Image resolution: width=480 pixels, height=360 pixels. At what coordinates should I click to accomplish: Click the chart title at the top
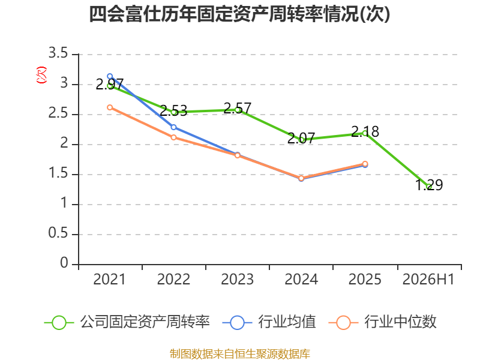(x=239, y=14)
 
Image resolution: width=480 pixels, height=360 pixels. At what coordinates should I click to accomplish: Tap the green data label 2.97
(x=110, y=84)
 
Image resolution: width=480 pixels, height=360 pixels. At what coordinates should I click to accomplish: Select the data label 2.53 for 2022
(x=173, y=110)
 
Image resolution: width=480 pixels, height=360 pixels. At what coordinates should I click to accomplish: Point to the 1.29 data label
(x=429, y=185)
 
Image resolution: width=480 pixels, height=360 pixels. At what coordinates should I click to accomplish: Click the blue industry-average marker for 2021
(x=110, y=76)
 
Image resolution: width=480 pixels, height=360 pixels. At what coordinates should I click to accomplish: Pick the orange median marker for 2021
(x=110, y=107)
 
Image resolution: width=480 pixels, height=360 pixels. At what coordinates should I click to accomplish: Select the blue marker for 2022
(x=173, y=127)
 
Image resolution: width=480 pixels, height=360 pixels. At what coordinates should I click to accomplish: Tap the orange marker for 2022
(x=173, y=137)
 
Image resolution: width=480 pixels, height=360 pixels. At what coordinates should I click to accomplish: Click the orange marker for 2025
(x=365, y=164)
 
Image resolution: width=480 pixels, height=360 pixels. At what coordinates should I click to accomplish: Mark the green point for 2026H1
(x=429, y=187)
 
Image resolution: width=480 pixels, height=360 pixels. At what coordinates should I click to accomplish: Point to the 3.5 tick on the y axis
(x=58, y=53)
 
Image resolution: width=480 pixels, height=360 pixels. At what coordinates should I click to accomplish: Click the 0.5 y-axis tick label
(x=58, y=233)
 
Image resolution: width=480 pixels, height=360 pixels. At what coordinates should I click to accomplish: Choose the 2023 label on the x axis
(x=237, y=280)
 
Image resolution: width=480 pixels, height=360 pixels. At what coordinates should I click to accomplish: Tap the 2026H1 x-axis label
(x=428, y=280)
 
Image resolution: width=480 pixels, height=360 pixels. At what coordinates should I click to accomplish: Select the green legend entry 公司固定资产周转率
(x=127, y=322)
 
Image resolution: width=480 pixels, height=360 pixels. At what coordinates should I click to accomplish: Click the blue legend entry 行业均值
(x=269, y=322)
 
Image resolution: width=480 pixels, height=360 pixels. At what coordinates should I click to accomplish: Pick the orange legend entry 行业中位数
(x=382, y=322)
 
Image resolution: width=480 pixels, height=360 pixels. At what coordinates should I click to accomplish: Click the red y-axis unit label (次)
(x=41, y=75)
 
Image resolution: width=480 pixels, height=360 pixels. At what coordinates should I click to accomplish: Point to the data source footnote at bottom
(x=240, y=354)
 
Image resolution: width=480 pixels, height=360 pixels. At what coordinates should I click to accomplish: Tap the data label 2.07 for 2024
(x=301, y=139)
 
